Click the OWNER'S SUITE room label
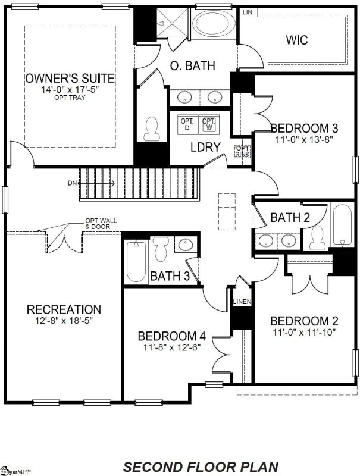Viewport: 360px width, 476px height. pos(70,78)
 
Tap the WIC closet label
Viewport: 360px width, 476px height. pos(296,40)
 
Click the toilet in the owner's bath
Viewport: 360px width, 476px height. pos(152,128)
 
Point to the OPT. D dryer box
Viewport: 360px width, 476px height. pos(187,124)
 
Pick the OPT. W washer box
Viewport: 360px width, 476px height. pos(208,124)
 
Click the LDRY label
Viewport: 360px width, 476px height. pos(205,147)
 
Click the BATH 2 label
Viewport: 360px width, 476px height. pos(290,218)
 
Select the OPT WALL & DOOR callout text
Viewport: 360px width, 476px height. pos(101,223)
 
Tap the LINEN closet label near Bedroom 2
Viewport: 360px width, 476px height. pos(242,302)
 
